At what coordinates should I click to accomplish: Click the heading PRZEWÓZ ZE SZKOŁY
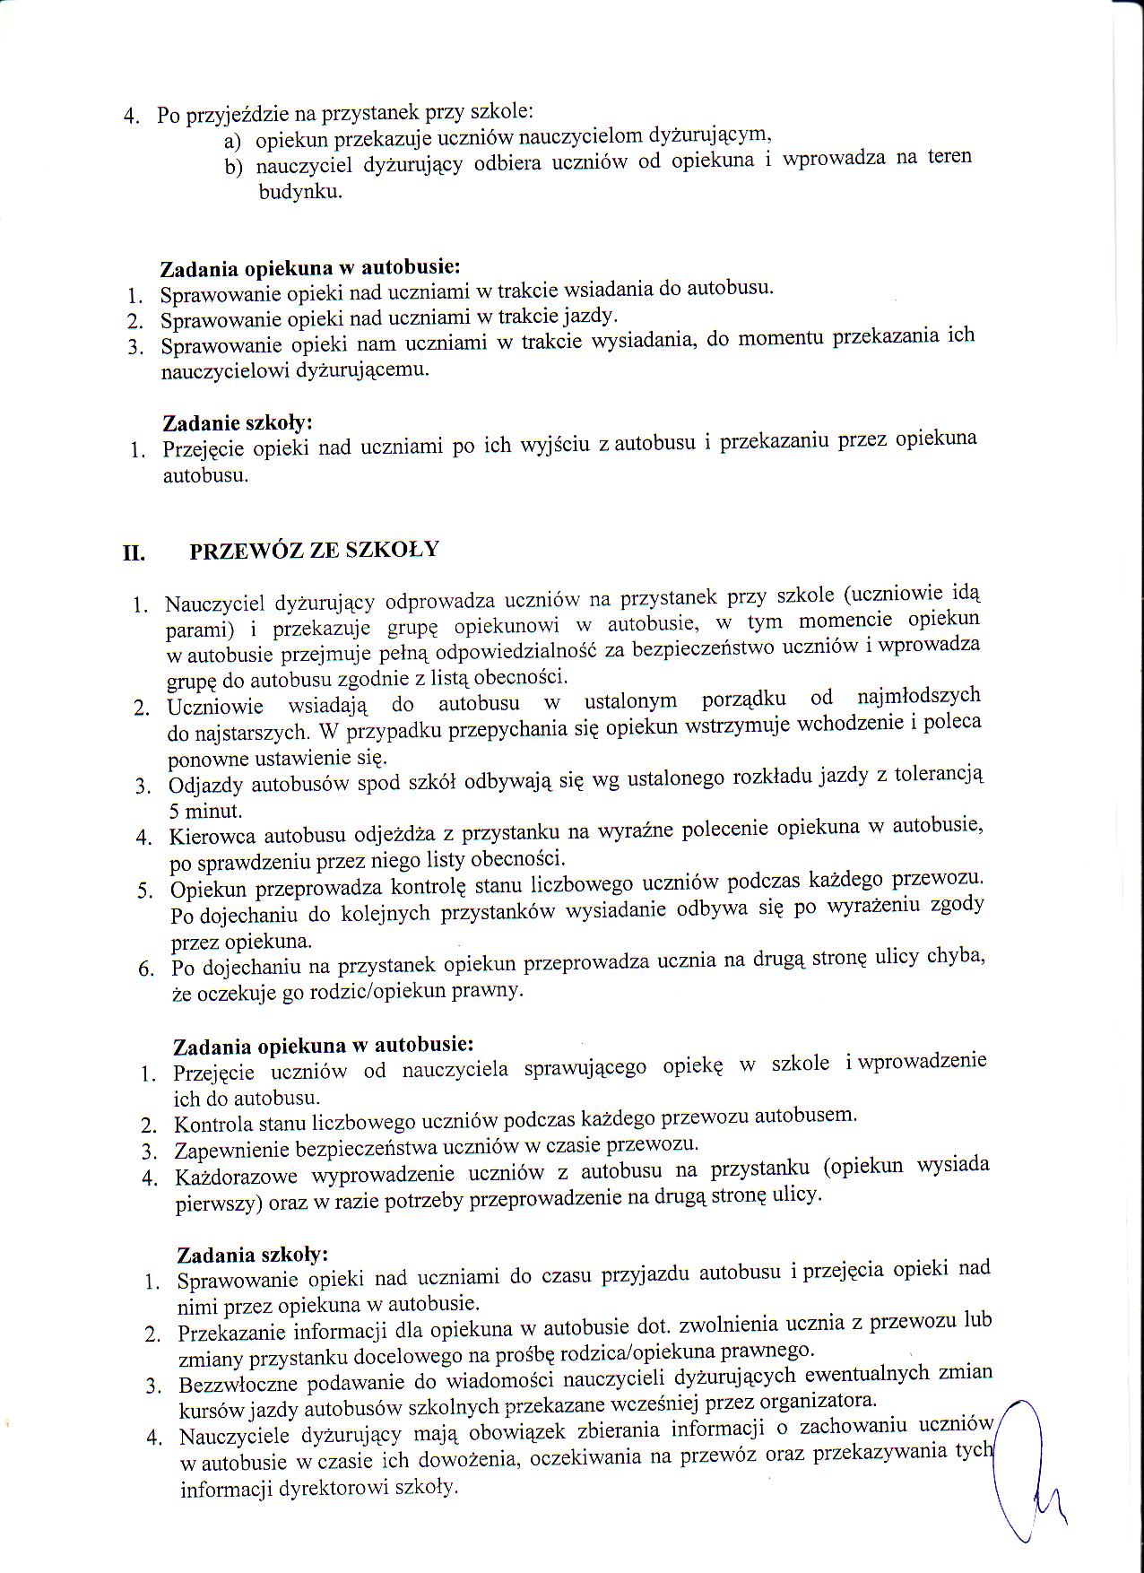click(314, 550)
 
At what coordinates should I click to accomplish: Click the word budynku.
click(300, 191)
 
